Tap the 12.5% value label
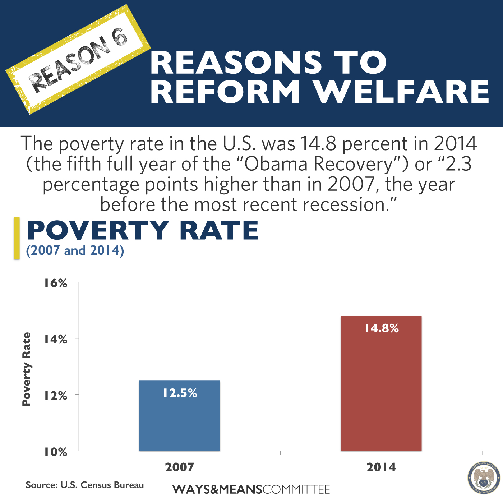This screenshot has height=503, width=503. click(x=180, y=393)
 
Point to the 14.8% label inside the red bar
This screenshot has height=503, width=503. click(x=382, y=328)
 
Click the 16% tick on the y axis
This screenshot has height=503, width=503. click(x=56, y=283)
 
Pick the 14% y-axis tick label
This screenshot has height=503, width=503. click(x=56, y=339)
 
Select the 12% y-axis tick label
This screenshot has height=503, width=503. click(x=56, y=396)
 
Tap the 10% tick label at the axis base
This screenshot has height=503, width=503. click(x=56, y=452)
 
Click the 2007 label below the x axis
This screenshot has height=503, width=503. click(x=180, y=467)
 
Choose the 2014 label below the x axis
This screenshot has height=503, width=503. click(x=381, y=467)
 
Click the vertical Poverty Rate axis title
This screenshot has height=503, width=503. click(x=27, y=369)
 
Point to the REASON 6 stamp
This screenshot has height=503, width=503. click(x=78, y=59)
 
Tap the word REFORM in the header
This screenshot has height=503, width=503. click(x=225, y=92)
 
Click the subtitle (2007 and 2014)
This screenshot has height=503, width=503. click(x=75, y=250)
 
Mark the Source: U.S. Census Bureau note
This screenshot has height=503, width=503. click(x=85, y=485)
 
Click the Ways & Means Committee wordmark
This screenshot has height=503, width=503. click(x=251, y=489)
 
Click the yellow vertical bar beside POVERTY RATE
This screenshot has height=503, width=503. click(x=17, y=238)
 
